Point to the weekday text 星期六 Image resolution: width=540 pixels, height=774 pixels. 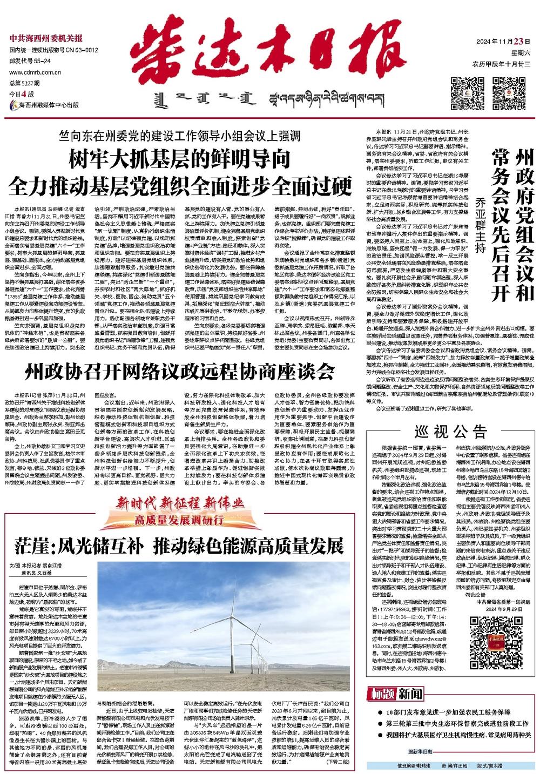pos(521,53)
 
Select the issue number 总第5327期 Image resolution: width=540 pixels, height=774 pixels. pos(22,83)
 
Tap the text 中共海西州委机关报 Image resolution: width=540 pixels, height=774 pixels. pos(46,39)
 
